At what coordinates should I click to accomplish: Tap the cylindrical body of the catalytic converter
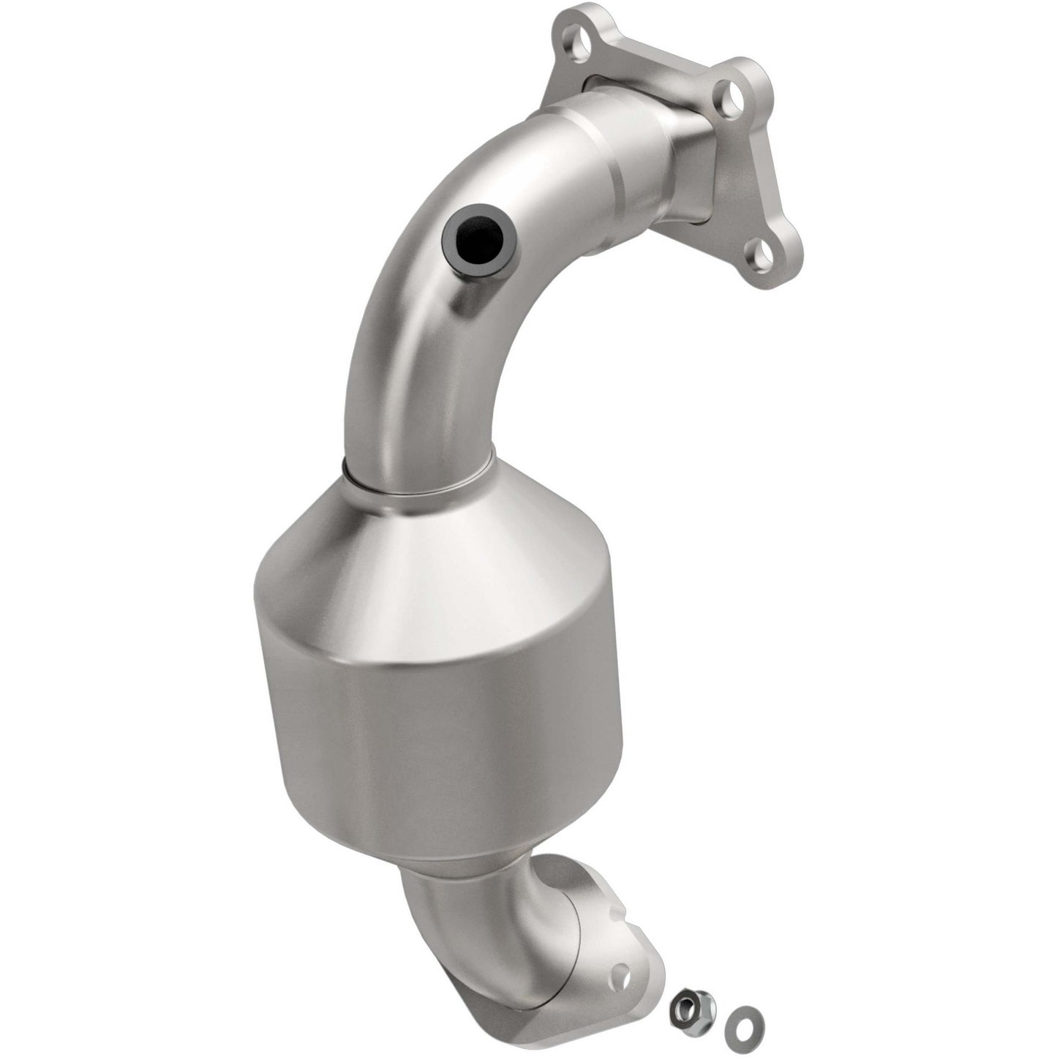[x=439, y=731]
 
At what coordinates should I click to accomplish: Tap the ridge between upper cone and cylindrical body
[x=439, y=644]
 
